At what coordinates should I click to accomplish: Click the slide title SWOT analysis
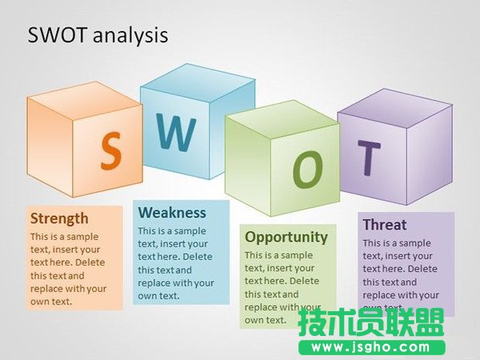pyautogui.click(x=98, y=35)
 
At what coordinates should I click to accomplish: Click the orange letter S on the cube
pyautogui.click(x=111, y=150)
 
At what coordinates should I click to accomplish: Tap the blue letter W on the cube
pyautogui.click(x=174, y=134)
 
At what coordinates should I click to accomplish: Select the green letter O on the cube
pyautogui.click(x=307, y=170)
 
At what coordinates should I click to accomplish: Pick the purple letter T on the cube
pyautogui.click(x=369, y=158)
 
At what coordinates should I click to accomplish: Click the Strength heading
pyautogui.click(x=59, y=218)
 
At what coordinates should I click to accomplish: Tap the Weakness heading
pyautogui.click(x=172, y=212)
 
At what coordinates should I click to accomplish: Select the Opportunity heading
pyautogui.click(x=286, y=237)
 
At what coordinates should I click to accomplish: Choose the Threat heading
pyautogui.click(x=384, y=225)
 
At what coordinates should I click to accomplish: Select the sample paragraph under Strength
pyautogui.click(x=68, y=269)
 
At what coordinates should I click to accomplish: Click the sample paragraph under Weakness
pyautogui.click(x=176, y=263)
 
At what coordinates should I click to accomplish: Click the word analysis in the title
pyautogui.click(x=132, y=35)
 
